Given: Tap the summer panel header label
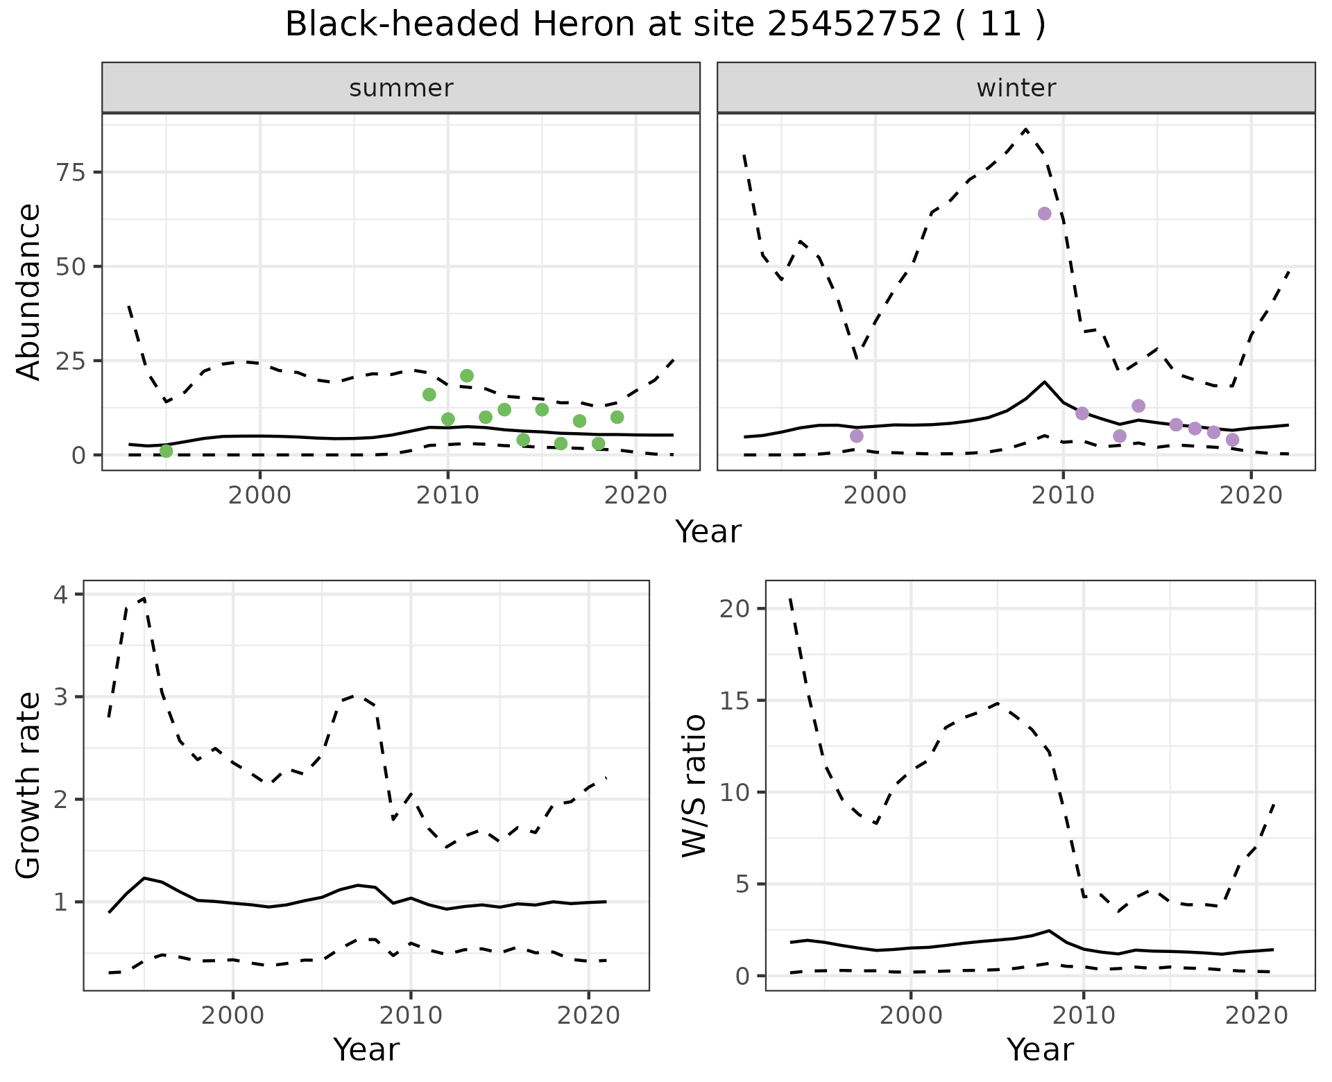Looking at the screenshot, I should point(401,88).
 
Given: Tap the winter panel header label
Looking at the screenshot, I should point(1016,88).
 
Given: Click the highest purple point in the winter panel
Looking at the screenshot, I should point(1044,214).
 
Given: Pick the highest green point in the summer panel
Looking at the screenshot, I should point(467,376).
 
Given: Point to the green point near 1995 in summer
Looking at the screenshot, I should point(166,451).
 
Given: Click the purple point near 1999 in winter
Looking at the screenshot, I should point(857,436).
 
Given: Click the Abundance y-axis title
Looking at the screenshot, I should point(29,291).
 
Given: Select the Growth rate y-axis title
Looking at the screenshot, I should point(29,785).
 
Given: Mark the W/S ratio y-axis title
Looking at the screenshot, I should point(694,785).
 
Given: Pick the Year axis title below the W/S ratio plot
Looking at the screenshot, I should point(1040,1049).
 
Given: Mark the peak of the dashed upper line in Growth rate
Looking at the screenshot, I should point(144,598).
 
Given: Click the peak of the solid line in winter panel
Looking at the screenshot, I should point(1044,381).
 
